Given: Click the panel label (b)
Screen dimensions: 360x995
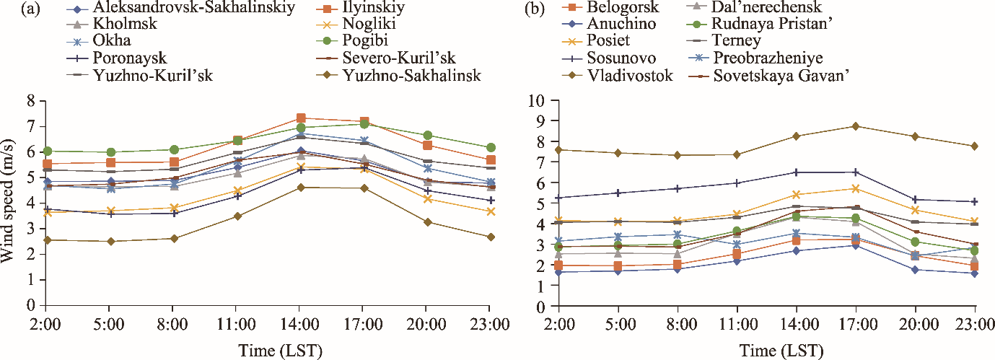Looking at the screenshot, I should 520,9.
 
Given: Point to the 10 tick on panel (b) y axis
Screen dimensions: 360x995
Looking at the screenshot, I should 537,101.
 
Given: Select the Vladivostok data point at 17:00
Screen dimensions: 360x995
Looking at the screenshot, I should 855,126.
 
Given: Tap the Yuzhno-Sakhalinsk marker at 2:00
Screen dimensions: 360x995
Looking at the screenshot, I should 47,240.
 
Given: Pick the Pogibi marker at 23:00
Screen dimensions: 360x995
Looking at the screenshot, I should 490,148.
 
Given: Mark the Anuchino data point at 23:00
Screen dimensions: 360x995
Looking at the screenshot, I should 975,273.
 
